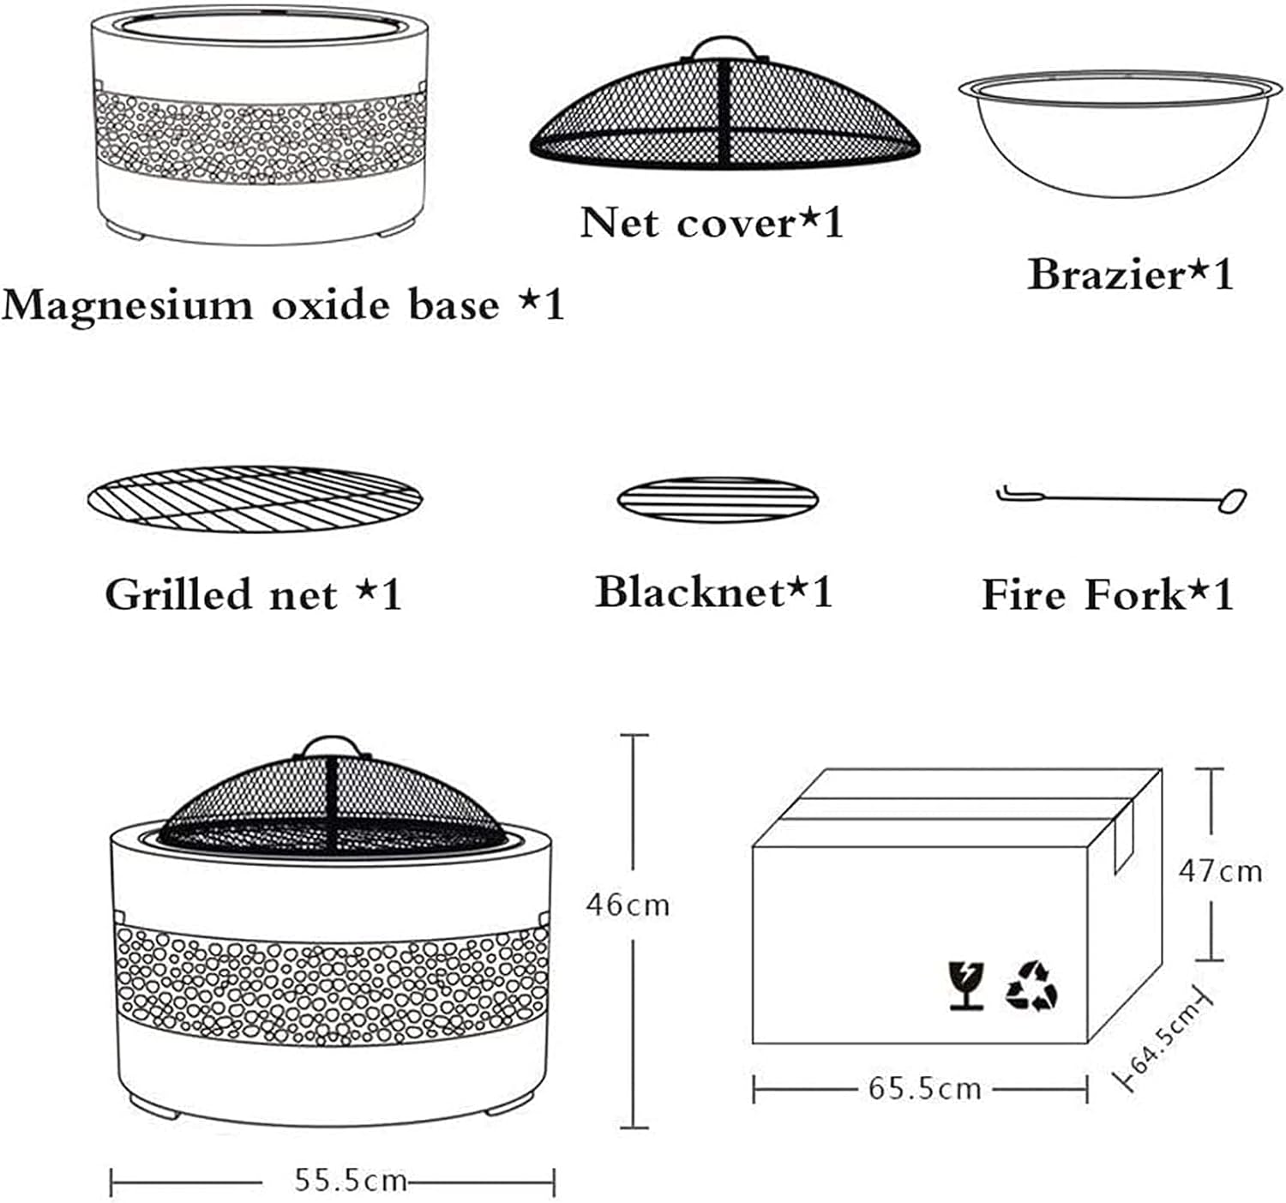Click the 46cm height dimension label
628,905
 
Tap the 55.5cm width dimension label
350,1181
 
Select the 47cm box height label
1219,871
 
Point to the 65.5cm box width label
924,1089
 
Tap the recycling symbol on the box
1031,985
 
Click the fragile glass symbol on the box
967,985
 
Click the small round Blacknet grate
718,499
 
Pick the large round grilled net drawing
255,499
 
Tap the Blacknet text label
690,592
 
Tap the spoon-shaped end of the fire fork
1232,501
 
